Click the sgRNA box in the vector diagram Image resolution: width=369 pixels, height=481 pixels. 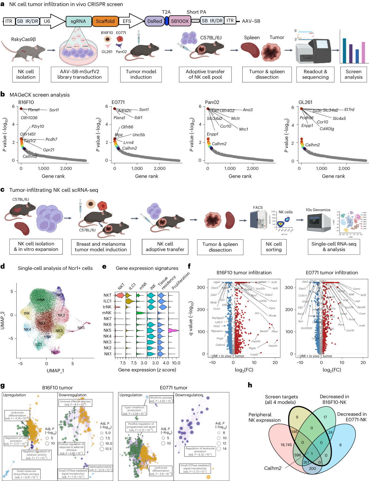(78, 21)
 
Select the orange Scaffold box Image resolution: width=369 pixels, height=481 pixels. (105, 21)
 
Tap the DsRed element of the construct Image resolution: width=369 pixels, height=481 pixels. (154, 21)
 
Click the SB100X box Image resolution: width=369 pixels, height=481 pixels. (180, 21)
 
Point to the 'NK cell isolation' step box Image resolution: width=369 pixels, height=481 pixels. (26, 74)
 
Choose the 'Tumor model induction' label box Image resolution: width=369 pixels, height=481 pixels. (141, 74)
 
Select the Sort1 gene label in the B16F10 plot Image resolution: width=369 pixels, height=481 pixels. (54, 110)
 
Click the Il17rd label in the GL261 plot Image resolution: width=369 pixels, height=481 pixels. (349, 110)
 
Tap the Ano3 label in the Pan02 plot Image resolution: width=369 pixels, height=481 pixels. (248, 110)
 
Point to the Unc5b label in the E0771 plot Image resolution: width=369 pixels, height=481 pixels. (139, 135)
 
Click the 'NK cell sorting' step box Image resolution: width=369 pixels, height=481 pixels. (273, 247)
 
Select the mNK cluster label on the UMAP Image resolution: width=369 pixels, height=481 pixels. (41, 300)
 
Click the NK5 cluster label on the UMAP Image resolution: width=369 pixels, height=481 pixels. (81, 328)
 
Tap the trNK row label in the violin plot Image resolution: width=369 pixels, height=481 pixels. (107, 307)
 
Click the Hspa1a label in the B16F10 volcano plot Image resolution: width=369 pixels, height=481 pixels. (273, 346)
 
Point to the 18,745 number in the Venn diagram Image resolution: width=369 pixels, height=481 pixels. (286, 445)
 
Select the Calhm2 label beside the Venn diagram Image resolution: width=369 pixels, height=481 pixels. (273, 468)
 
